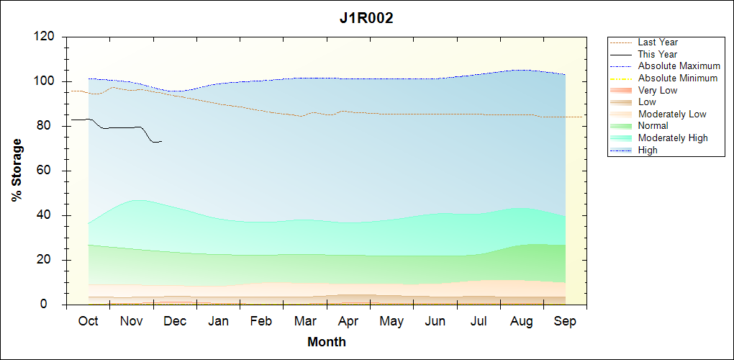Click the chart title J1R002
pyautogui.click(x=366, y=19)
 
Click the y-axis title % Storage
pyautogui.click(x=17, y=175)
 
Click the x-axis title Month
pyautogui.click(x=326, y=342)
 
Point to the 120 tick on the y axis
pyautogui.click(x=46, y=37)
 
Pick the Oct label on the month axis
pyautogui.click(x=89, y=321)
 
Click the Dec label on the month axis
pyautogui.click(x=175, y=321)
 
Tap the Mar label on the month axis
pyautogui.click(x=305, y=321)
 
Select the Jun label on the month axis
pyautogui.click(x=435, y=321)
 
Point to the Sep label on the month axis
pyautogui.click(x=565, y=321)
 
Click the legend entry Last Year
pyautogui.click(x=658, y=42)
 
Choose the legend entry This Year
pyautogui.click(x=658, y=55)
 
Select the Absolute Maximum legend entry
pyautogui.click(x=679, y=66)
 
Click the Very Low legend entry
pyautogui.click(x=658, y=91)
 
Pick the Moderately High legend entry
pyautogui.click(x=673, y=138)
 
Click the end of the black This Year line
pyautogui.click(x=162, y=141)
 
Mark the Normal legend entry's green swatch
pyautogui.click(x=621, y=126)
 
